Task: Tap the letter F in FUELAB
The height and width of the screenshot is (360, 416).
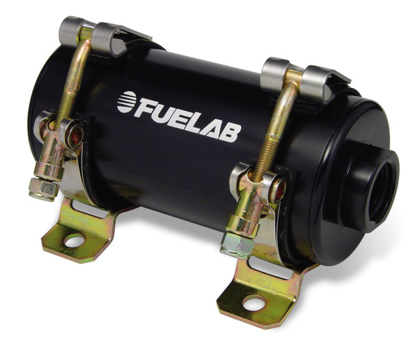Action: [148, 107]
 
